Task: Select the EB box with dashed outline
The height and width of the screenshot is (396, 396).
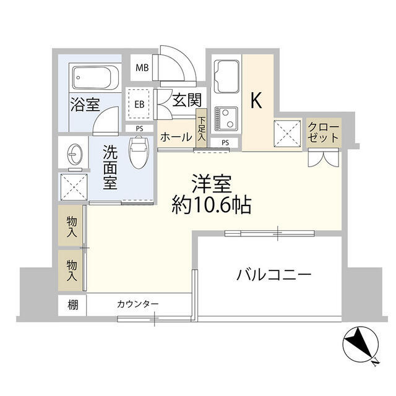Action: click(x=139, y=104)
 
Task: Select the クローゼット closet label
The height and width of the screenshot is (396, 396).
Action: click(x=323, y=131)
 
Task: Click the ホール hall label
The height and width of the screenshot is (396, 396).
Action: click(x=176, y=137)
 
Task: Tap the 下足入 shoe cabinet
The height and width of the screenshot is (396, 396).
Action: click(x=202, y=131)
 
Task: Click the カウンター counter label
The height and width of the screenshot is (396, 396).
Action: click(x=137, y=304)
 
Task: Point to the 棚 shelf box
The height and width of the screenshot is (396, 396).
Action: click(x=73, y=304)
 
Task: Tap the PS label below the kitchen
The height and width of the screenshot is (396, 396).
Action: click(x=225, y=143)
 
